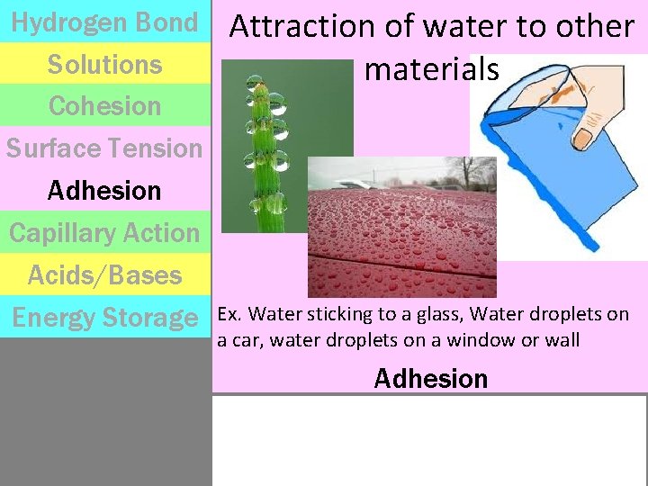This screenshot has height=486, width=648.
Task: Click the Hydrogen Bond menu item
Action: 104,22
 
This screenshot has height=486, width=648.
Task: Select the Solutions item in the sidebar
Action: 104,65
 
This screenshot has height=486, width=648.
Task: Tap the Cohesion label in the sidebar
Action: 104,106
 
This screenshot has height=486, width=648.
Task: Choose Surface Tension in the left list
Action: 104,148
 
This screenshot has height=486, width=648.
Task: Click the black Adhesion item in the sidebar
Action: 104,191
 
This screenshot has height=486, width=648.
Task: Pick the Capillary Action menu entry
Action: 104,233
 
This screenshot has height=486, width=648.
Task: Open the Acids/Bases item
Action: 104,275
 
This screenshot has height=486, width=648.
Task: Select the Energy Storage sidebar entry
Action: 104,318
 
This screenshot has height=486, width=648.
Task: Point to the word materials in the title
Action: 432,68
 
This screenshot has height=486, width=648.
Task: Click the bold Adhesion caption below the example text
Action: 430,379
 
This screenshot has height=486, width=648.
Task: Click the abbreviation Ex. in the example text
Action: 229,314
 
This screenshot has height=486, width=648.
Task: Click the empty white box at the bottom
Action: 429,440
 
